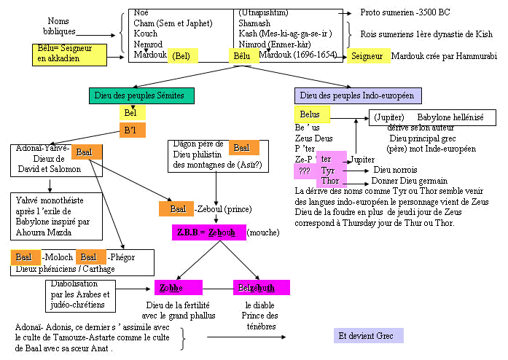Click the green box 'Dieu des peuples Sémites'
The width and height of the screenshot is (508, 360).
click(x=144, y=95)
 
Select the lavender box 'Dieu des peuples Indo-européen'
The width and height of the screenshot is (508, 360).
click(x=356, y=95)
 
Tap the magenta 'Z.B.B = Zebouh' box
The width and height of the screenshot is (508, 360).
click(x=208, y=232)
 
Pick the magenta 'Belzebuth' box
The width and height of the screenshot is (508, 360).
click(x=261, y=287)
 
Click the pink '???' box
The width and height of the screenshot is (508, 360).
click(x=305, y=170)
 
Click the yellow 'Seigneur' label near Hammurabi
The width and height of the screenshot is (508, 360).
click(x=367, y=56)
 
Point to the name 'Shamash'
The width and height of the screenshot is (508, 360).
click(x=254, y=23)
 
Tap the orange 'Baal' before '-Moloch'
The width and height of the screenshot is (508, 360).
click(x=25, y=257)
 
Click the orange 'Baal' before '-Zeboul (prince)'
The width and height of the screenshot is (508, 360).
click(x=176, y=208)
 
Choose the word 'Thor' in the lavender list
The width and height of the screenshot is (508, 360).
click(x=330, y=180)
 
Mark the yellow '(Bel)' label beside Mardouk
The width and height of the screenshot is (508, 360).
click(x=182, y=55)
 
